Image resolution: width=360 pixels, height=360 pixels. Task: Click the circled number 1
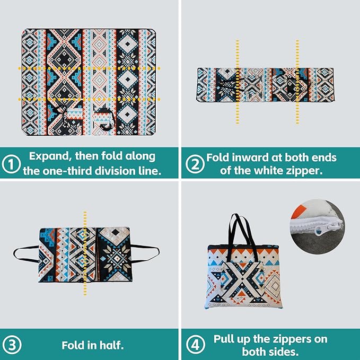coord(11,164)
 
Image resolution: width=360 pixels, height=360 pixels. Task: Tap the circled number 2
coord(195,164)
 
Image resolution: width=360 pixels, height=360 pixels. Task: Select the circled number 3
coord(12,345)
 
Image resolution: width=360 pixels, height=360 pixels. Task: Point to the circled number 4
coord(196,345)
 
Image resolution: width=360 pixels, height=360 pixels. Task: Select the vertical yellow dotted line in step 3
coord(85,253)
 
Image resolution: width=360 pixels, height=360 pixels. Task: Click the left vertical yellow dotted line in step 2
coord(238,82)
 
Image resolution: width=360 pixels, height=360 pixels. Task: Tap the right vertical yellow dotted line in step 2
coord(297,82)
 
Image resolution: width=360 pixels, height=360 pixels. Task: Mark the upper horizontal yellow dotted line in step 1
coord(89,68)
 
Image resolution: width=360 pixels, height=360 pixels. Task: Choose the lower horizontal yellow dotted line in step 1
coord(89,100)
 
